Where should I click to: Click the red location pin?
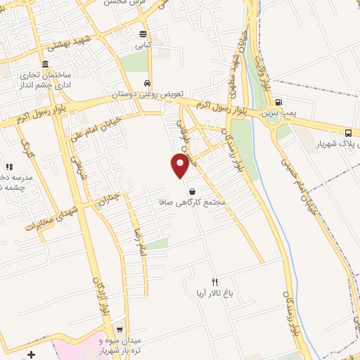tap(180, 165)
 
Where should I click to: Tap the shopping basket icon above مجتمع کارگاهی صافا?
tap(192, 191)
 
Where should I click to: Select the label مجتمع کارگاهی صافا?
tap(192, 202)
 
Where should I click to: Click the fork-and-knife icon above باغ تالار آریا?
tap(215, 282)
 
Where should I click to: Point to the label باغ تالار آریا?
tap(215, 294)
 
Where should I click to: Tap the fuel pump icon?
tap(278, 101)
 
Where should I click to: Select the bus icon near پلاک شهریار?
tap(349, 133)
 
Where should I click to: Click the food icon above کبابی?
tap(143, 34)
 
